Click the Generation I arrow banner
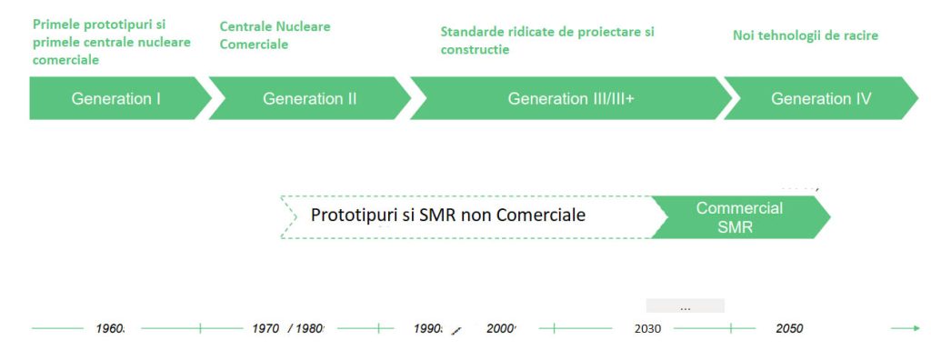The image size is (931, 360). (x=119, y=98)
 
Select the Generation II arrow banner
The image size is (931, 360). (x=310, y=98)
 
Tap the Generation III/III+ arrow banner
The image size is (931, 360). (x=571, y=98)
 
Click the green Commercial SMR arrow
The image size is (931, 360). (x=740, y=217)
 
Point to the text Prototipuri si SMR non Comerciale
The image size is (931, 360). (x=448, y=215)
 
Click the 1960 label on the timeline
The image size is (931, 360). (x=110, y=328)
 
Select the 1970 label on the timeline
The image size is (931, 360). (x=265, y=328)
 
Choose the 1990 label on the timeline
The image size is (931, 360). (x=428, y=328)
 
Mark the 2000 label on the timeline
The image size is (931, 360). (x=501, y=328)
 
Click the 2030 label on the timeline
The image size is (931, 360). (x=647, y=328)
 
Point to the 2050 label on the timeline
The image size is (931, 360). (x=789, y=328)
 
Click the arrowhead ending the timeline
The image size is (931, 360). (x=916, y=328)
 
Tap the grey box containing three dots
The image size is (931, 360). (x=686, y=306)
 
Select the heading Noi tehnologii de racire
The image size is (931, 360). (x=806, y=35)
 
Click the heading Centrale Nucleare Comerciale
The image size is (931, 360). (x=275, y=35)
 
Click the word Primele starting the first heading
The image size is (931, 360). (x=58, y=25)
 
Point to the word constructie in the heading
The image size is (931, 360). (x=475, y=50)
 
